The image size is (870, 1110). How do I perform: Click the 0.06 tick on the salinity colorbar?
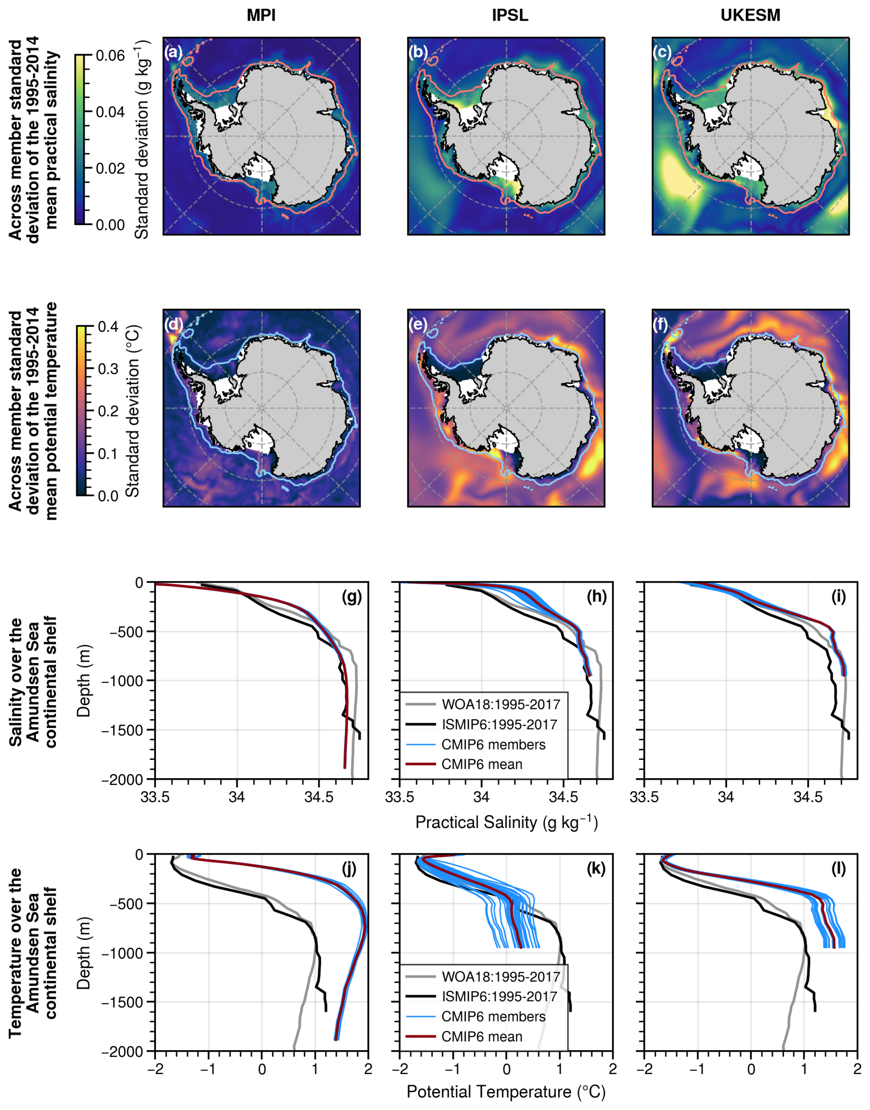pos(110,55)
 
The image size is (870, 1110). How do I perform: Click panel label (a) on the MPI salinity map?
pos(173,52)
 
